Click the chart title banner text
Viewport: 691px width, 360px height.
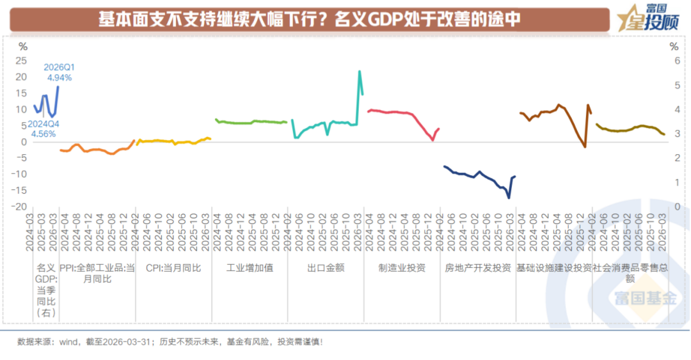pyautogui.click(x=309, y=19)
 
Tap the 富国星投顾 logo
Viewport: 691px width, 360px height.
pyautogui.click(x=647, y=18)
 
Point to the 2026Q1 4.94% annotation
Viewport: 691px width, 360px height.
pyautogui.click(x=60, y=73)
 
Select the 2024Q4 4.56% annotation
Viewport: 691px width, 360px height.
pyautogui.click(x=44, y=129)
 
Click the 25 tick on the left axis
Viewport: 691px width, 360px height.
pyautogui.click(x=21, y=60)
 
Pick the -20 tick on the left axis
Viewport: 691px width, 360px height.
pyautogui.click(x=19, y=207)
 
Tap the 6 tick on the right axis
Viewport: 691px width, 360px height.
pyautogui.click(x=678, y=61)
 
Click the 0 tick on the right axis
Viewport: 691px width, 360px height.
pyautogui.click(x=678, y=207)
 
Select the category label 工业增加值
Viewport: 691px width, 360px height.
pyautogui.click(x=250, y=268)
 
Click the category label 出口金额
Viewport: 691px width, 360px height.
pyautogui.click(x=326, y=268)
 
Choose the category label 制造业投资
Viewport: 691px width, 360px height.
pyautogui.click(x=402, y=268)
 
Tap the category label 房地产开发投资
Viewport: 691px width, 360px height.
pyautogui.click(x=478, y=268)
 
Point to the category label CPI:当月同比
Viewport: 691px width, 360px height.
pyautogui.click(x=173, y=268)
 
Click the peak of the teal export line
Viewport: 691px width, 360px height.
pyautogui.click(x=360, y=71)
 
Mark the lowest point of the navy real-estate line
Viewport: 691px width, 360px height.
pyautogui.click(x=509, y=198)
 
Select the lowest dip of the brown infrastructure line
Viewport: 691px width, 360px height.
pyautogui.click(x=585, y=146)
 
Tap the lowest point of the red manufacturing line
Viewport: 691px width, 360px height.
pyautogui.click(x=433, y=140)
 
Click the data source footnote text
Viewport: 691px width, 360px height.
pyautogui.click(x=170, y=342)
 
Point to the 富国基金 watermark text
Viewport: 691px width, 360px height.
pyautogui.click(x=646, y=299)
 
